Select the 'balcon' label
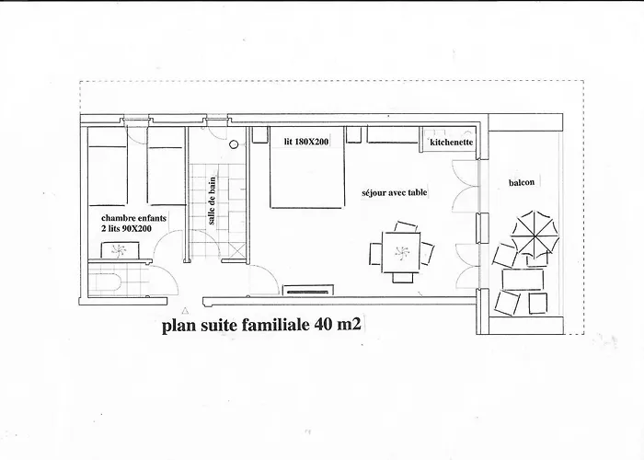(x=521, y=182)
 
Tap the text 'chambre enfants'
(x=128, y=219)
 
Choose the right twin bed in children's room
(x=166, y=170)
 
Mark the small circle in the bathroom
(x=234, y=144)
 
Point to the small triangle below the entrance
(x=188, y=311)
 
